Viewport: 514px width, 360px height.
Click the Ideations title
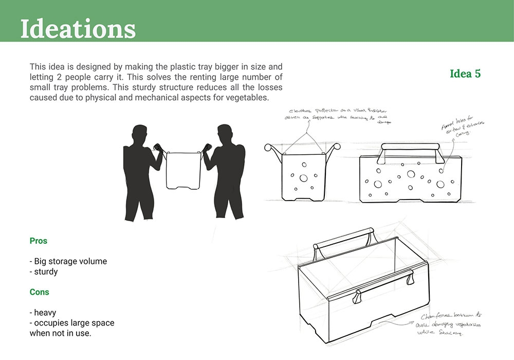(78, 29)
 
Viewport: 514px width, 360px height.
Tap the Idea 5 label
(465, 74)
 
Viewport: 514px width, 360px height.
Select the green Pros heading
(39, 241)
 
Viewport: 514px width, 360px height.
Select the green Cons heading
(40, 292)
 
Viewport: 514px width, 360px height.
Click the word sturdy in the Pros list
(46, 272)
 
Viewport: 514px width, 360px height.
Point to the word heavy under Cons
(45, 313)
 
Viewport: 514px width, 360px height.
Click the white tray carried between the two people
(183, 170)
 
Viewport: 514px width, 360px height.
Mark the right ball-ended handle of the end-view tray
(336, 147)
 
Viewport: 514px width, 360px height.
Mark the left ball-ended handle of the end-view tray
(268, 148)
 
